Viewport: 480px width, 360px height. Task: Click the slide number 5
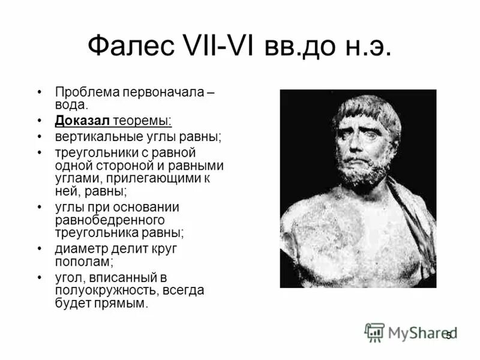pyautogui.click(x=448, y=336)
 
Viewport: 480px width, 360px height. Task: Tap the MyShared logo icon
pyautogui.click(x=374, y=332)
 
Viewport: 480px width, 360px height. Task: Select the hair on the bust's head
pyautogui.click(x=366, y=108)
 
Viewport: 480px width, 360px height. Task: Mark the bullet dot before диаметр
pyautogui.click(x=40, y=248)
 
